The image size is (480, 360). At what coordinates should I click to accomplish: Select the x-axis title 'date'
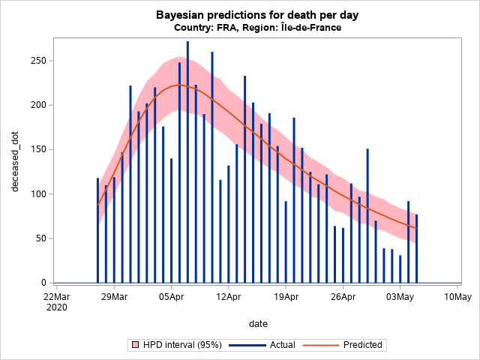[x=259, y=323]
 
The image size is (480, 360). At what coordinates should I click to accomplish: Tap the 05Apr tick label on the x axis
[x=171, y=296]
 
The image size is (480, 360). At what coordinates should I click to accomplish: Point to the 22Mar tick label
[x=57, y=296]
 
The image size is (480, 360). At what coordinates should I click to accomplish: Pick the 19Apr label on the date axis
[x=286, y=296]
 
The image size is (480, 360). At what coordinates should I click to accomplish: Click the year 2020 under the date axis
[x=57, y=307]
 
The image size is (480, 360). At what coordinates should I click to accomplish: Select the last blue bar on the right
[x=416, y=248]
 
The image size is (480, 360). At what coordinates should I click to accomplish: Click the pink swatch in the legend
[x=136, y=345]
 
